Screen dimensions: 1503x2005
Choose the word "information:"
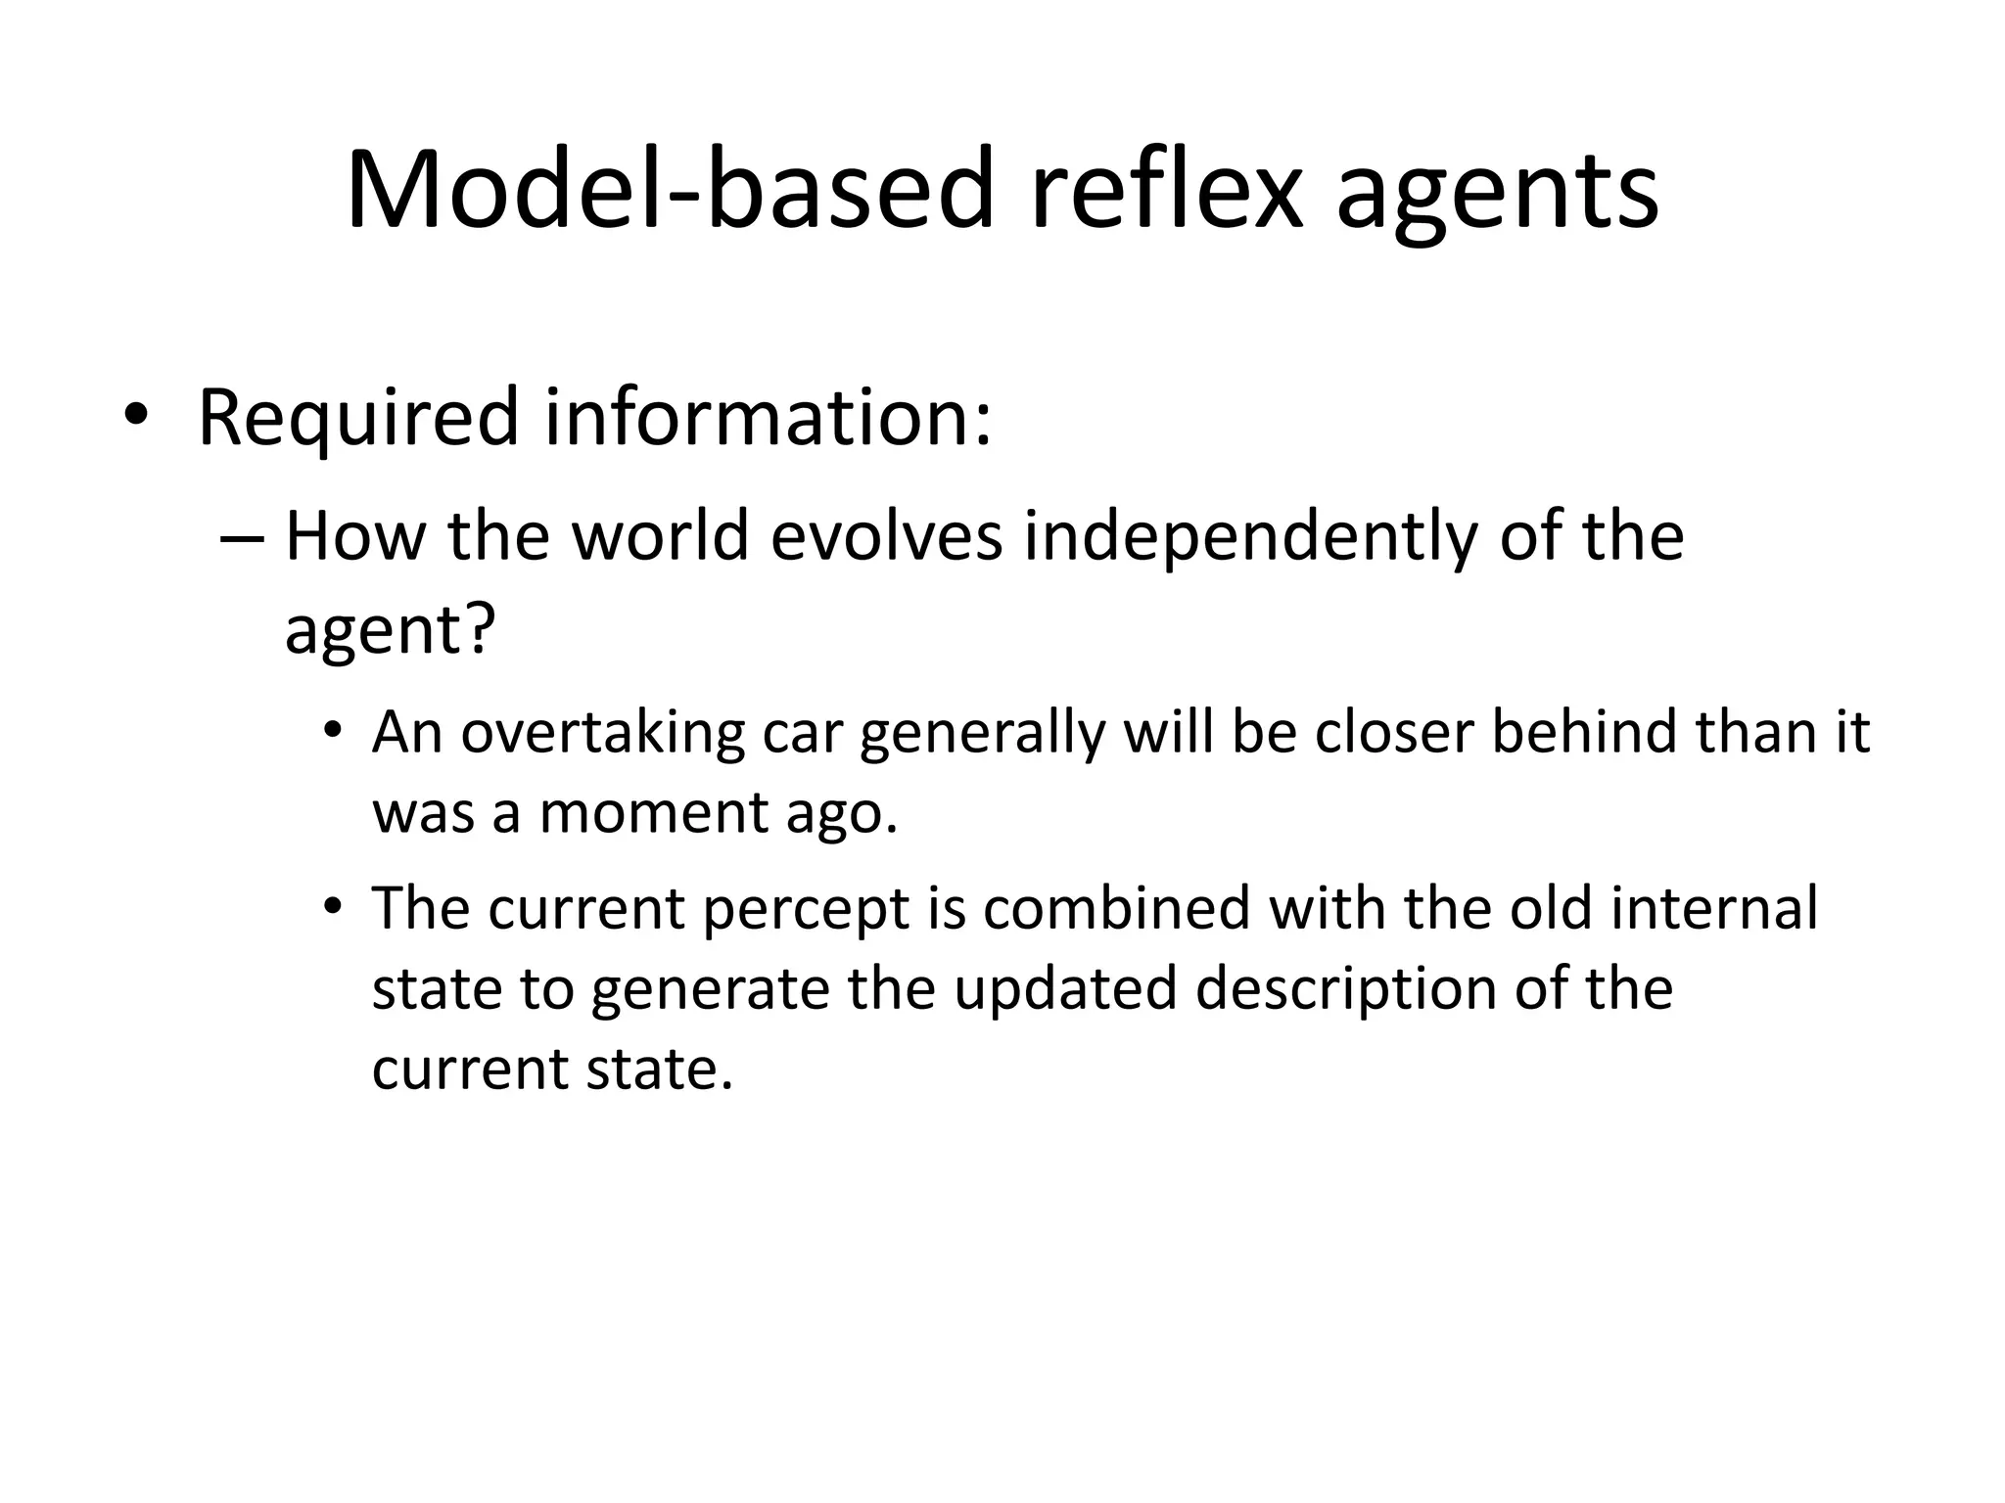769,418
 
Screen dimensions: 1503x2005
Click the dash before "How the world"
243,537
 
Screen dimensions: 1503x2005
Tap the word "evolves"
886,537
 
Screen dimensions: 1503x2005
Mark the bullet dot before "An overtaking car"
334,731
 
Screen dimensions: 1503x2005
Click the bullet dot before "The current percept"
334,906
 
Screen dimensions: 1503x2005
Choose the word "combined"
1116,908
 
